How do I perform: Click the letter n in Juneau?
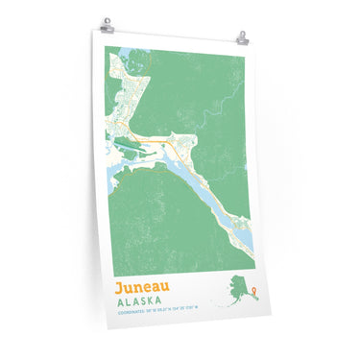[134, 287]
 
